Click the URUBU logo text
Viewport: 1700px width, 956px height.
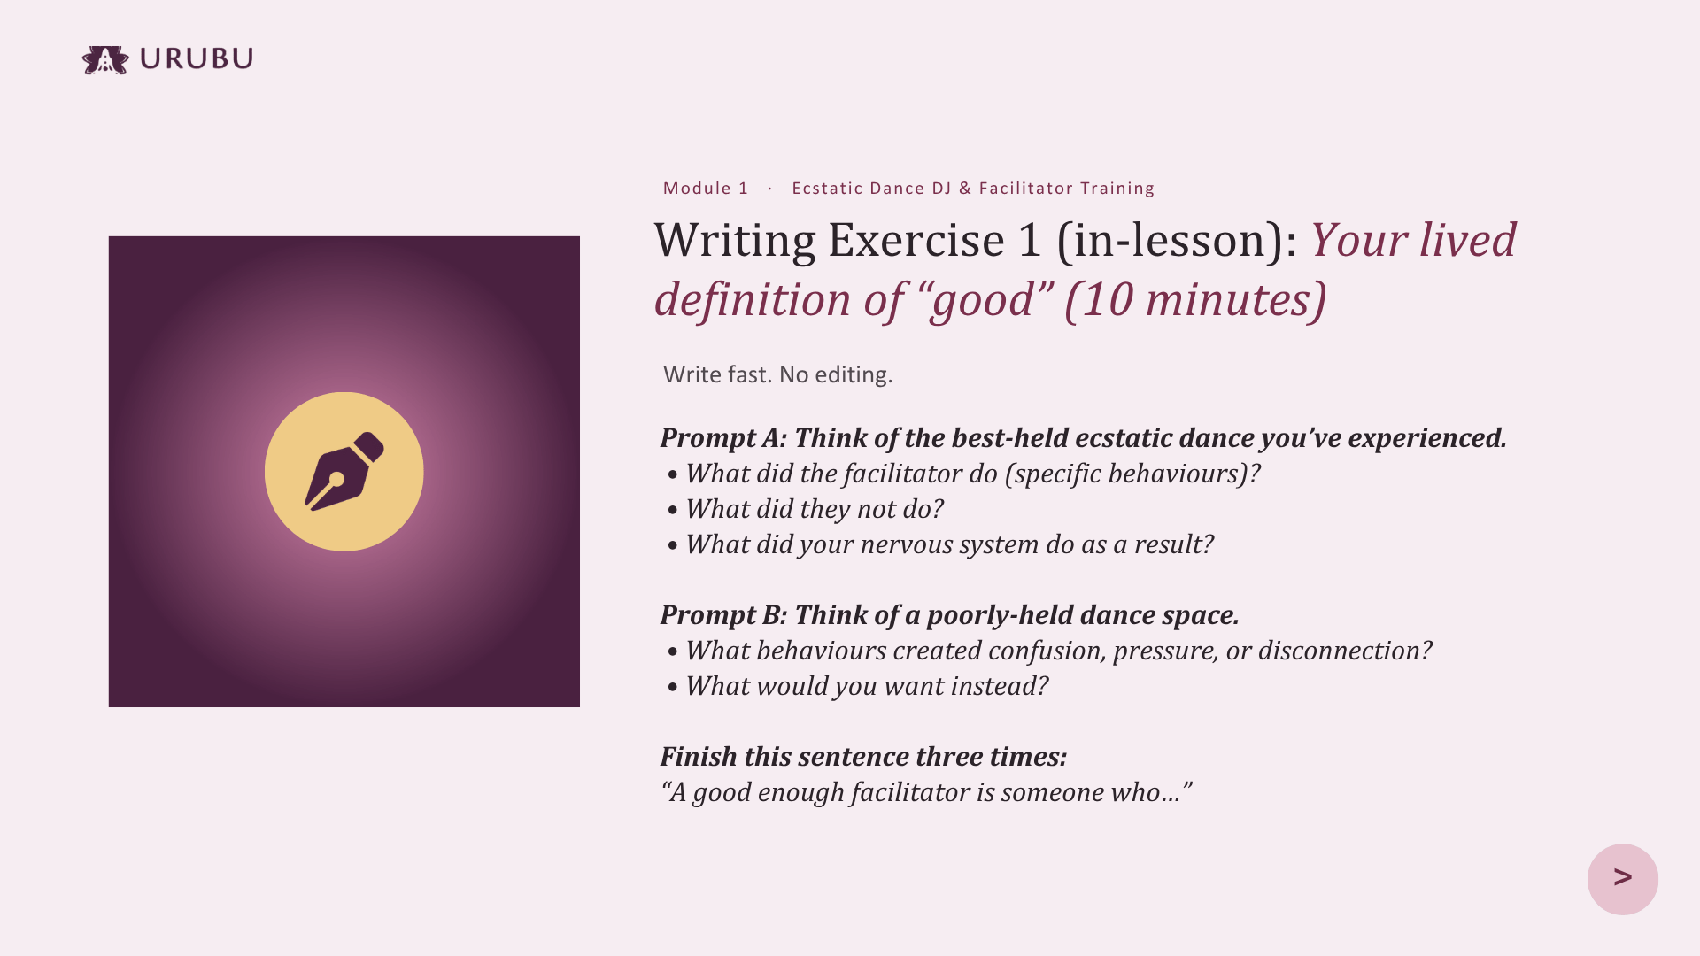pyautogui.click(x=197, y=58)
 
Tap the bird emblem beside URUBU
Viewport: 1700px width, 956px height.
pyautogui.click(x=105, y=60)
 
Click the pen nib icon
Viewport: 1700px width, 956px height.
pyautogui.click(x=344, y=471)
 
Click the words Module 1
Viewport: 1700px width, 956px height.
pyautogui.click(x=706, y=189)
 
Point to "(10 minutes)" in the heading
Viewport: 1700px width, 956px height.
pyautogui.click(x=1195, y=299)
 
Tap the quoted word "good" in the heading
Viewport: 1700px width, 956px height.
pyautogui.click(x=984, y=301)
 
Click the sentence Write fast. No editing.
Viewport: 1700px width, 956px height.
pyautogui.click(x=778, y=374)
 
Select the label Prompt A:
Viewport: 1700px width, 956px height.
pyautogui.click(x=723, y=438)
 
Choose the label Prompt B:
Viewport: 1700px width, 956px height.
pyautogui.click(x=723, y=615)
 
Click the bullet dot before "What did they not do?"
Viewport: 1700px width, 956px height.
pyautogui.click(x=674, y=511)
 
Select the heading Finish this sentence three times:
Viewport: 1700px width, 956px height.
pyautogui.click(x=863, y=757)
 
